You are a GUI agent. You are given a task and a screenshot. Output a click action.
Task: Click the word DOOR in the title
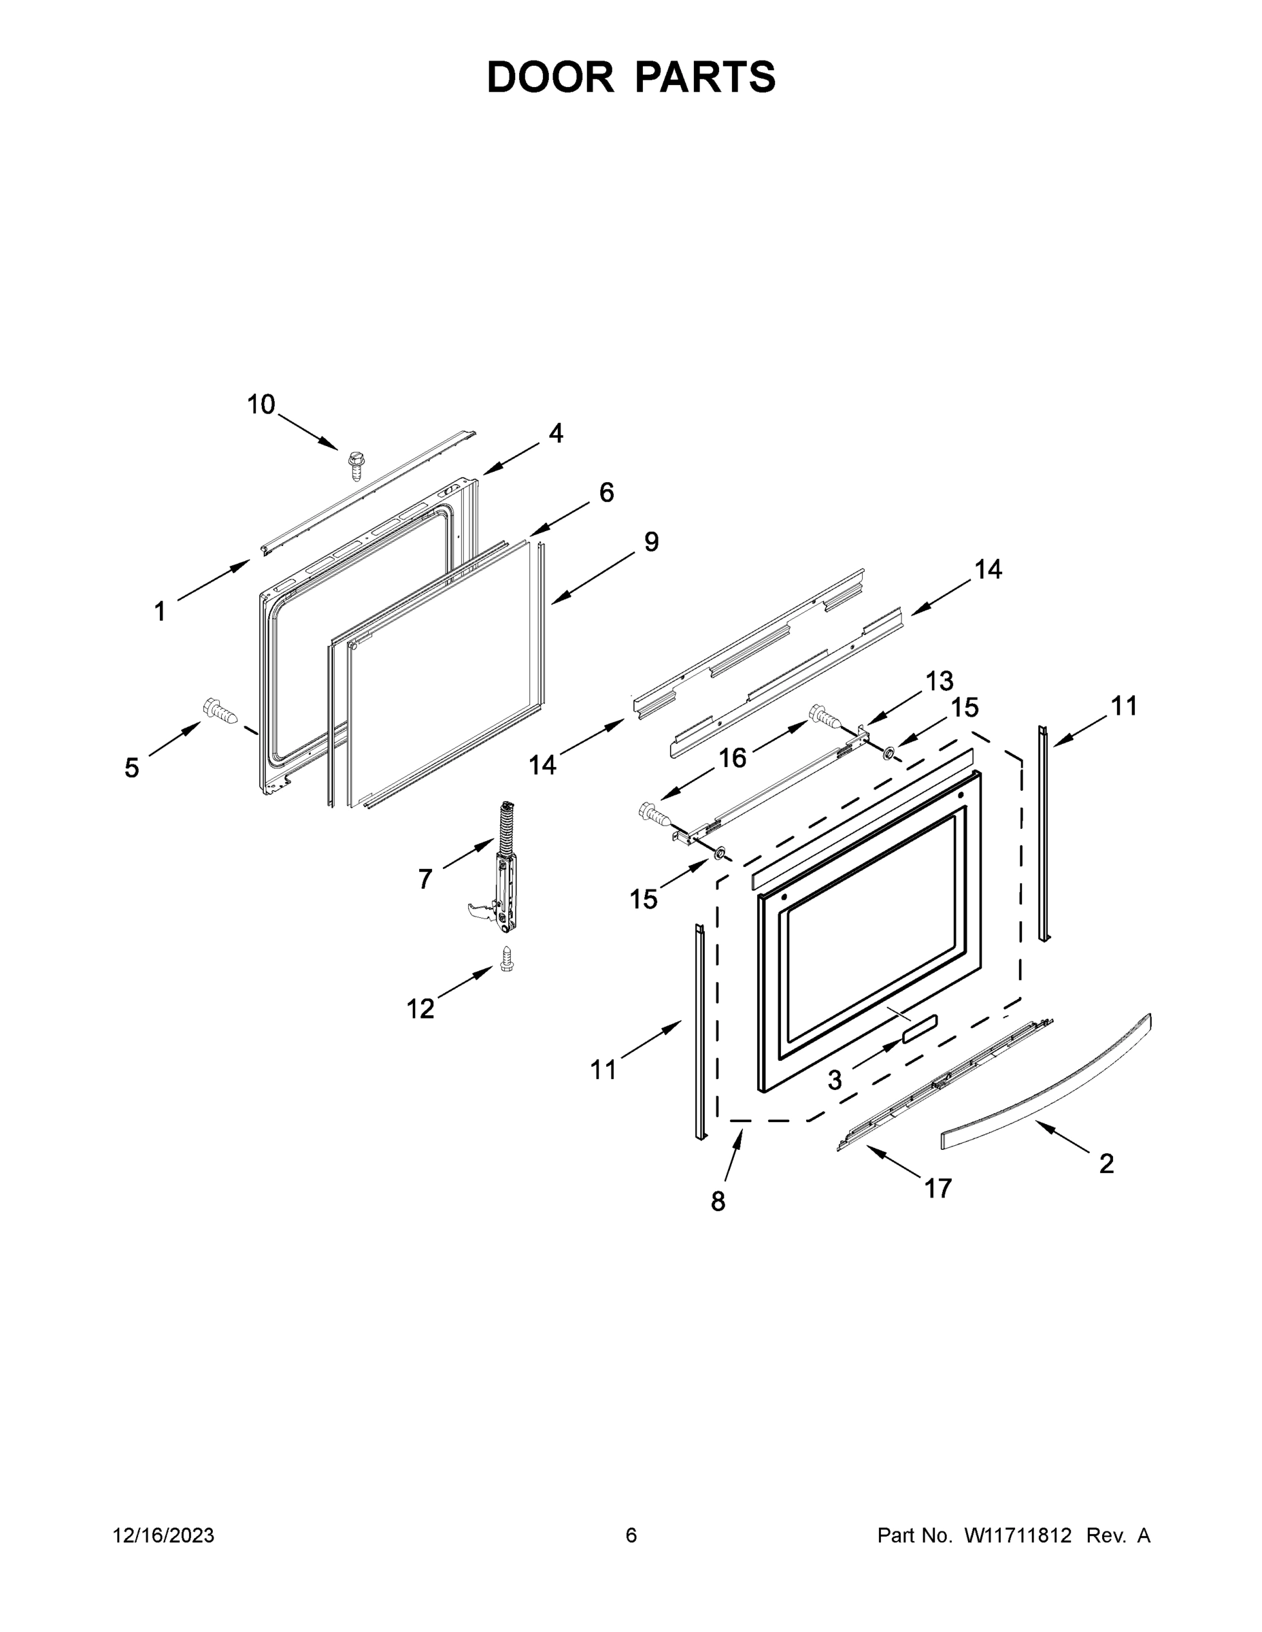click(x=550, y=77)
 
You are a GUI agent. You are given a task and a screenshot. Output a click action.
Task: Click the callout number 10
click(x=261, y=405)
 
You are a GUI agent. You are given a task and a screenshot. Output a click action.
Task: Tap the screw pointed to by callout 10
click(x=355, y=466)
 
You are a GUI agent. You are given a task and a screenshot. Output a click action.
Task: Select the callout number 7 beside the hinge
click(x=425, y=879)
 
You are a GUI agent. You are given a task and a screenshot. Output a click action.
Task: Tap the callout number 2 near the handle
click(x=1106, y=1163)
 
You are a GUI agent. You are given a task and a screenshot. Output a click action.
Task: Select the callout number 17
click(x=937, y=1187)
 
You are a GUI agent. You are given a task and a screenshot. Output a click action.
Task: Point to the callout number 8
click(x=718, y=1202)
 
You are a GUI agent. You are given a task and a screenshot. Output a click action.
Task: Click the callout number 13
click(x=939, y=681)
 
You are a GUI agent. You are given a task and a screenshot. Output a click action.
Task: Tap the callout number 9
click(x=650, y=542)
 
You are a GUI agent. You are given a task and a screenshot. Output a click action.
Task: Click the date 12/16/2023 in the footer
click(x=164, y=1535)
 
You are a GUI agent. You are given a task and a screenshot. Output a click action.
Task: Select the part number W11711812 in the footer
click(x=1018, y=1535)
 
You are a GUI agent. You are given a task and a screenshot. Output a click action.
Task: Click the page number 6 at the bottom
click(x=631, y=1535)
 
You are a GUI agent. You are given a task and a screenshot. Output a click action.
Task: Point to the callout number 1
click(x=159, y=612)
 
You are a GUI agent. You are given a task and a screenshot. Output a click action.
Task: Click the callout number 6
click(x=605, y=492)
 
